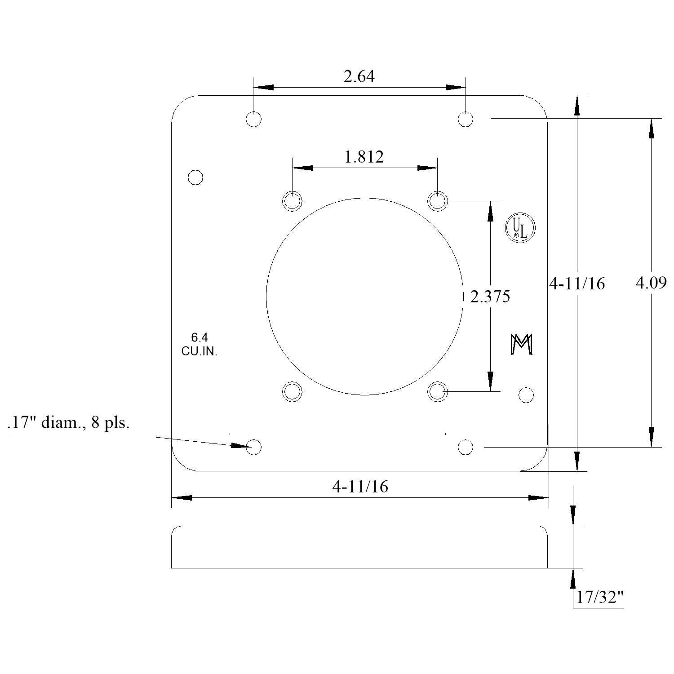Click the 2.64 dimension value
359,77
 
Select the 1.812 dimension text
364,157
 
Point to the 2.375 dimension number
490,297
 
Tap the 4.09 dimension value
651,283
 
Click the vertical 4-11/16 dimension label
577,284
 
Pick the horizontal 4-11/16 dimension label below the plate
360,487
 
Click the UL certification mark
520,228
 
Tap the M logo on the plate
522,345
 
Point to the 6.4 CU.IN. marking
200,345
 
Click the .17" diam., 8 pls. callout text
68,423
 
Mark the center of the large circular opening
365,297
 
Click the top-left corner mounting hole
254,119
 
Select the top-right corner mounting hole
466,119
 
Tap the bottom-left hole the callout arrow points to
254,447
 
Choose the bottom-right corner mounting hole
466,447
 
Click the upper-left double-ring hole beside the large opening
292,201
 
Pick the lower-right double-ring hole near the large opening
437,392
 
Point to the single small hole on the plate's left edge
195,177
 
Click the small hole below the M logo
526,395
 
